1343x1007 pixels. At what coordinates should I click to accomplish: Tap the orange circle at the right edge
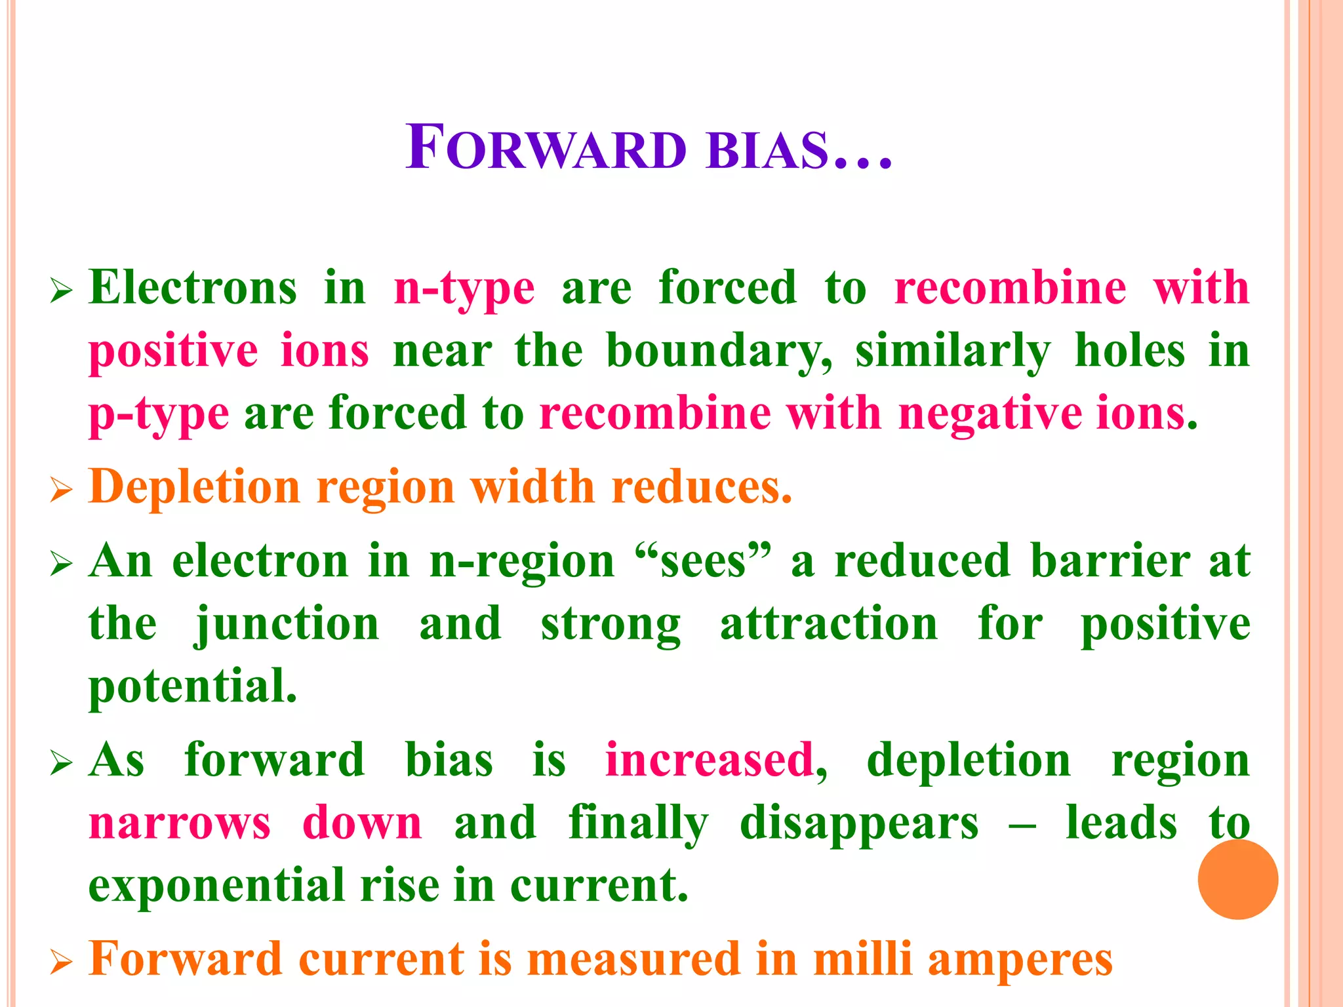coord(1237,879)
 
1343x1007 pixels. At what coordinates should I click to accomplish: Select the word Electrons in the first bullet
coord(193,288)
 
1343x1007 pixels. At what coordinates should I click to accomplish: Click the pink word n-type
coord(464,289)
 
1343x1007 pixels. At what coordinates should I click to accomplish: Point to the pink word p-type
coord(159,415)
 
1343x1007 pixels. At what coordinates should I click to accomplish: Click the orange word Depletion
coord(194,488)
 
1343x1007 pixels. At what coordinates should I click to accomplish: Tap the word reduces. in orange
coord(701,487)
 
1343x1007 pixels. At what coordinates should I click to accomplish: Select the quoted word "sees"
coord(703,562)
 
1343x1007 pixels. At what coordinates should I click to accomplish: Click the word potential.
coord(193,686)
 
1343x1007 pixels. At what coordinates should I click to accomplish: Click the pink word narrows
coord(180,823)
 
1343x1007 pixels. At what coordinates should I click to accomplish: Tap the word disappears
coord(859,823)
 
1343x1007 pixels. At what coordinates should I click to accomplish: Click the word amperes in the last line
coord(1020,960)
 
